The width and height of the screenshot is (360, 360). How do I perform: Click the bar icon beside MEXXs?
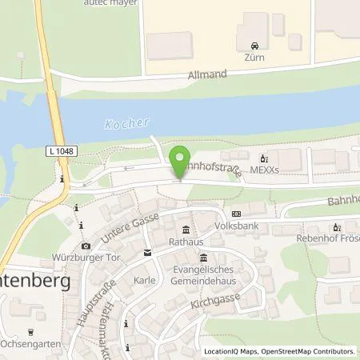(264, 157)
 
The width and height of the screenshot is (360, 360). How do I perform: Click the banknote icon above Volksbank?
(237, 214)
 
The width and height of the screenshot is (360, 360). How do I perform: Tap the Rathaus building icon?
(185, 229)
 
